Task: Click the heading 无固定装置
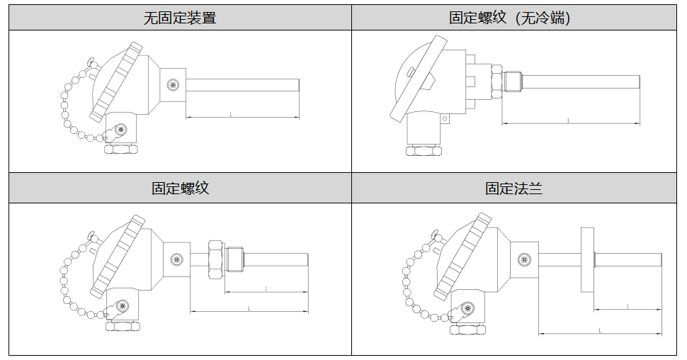[180, 18]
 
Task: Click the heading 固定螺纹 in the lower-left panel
[180, 189]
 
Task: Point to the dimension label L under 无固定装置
[231, 113]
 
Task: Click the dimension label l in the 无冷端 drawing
[569, 120]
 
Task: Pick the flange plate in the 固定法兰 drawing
[586, 259]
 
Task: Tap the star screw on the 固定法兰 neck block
[524, 260]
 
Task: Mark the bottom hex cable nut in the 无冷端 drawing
[424, 151]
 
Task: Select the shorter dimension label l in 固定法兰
[628, 305]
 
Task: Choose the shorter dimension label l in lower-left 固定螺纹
[266, 288]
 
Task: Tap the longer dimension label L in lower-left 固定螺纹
[249, 308]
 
